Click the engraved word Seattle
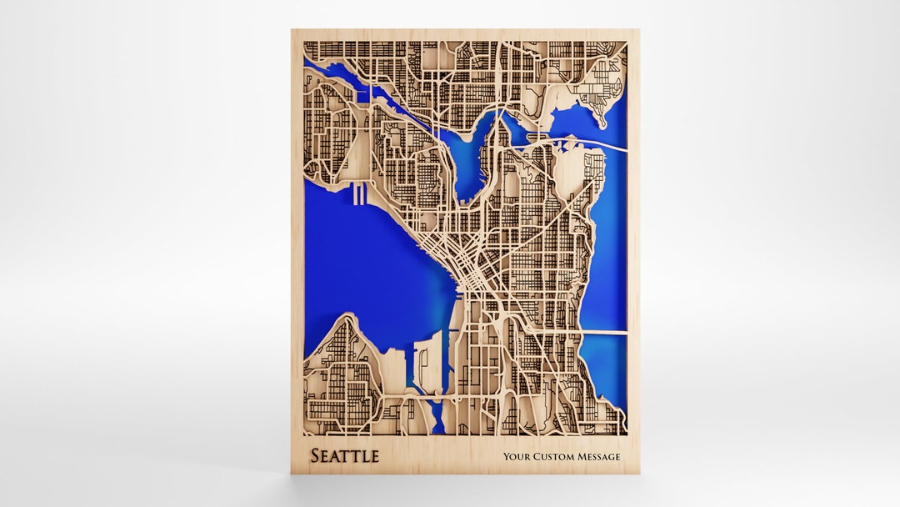(344, 456)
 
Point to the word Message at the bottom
(599, 457)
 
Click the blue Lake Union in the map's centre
(467, 163)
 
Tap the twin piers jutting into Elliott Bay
(359, 194)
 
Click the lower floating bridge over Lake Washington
(604, 332)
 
